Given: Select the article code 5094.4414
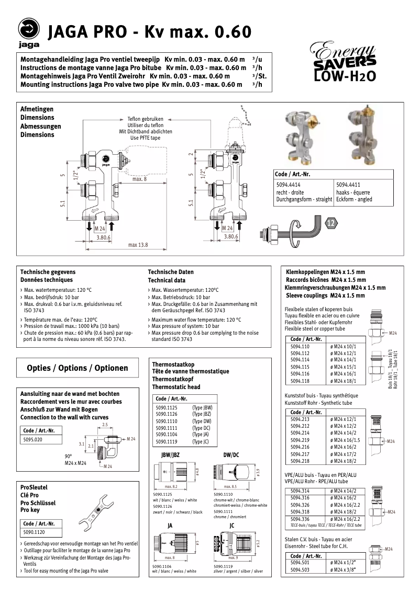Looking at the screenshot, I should [288, 185].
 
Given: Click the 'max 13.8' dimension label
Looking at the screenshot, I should [138, 245].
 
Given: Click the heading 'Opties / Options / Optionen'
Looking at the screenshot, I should [78, 368].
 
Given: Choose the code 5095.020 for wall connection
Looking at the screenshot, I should [33, 440].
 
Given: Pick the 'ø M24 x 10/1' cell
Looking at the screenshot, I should [343, 346].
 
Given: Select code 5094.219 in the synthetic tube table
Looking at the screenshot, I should [300, 440].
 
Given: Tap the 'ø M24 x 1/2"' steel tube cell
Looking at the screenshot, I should [343, 562].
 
